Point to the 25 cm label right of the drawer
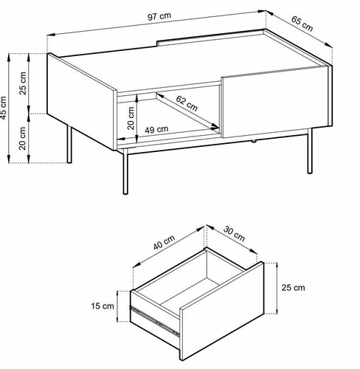click(x=293, y=288)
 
